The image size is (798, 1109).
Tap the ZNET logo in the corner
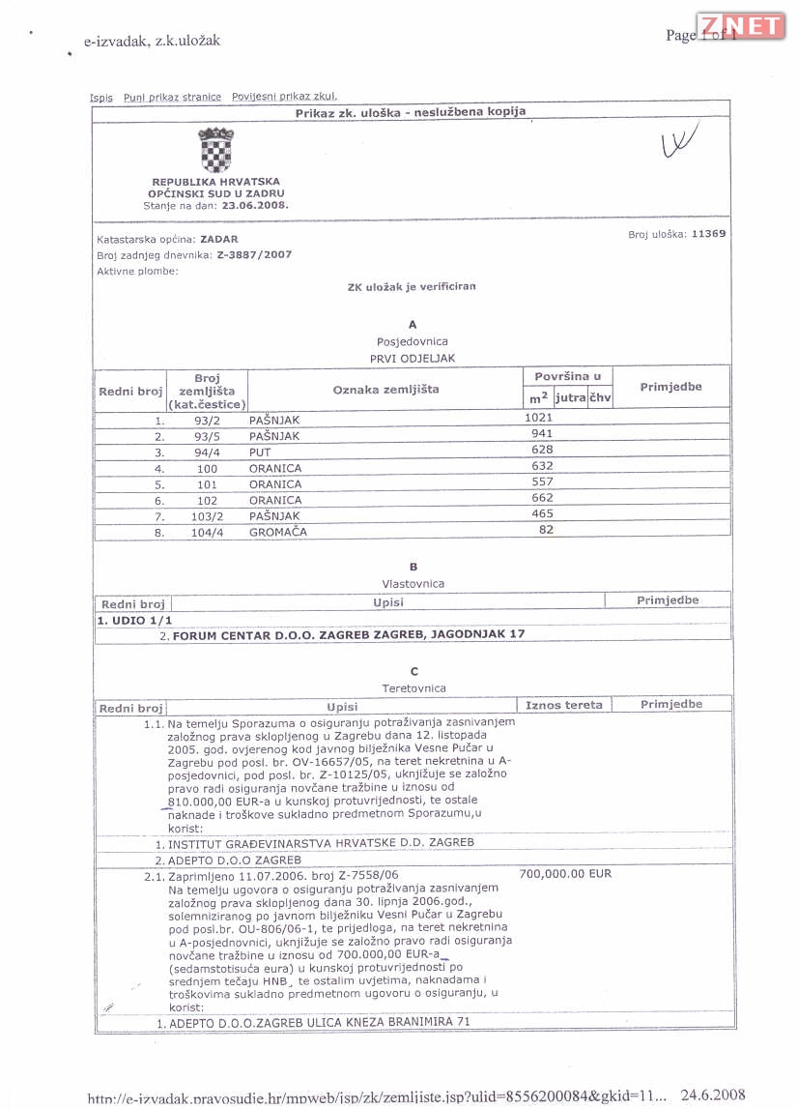point(741,26)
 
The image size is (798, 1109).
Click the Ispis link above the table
point(101,98)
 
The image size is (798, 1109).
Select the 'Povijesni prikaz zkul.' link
point(284,97)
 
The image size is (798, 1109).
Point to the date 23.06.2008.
point(255,206)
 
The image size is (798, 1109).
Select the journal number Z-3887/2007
point(254,254)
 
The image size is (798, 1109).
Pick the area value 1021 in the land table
point(537,417)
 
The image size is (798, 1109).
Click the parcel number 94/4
point(207,452)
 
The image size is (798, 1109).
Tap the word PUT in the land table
point(261,452)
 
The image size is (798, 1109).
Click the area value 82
point(546,530)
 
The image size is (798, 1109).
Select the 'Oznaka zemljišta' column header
point(385,390)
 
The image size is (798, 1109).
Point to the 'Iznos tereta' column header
point(564,705)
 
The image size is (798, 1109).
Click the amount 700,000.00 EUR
point(565,874)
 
